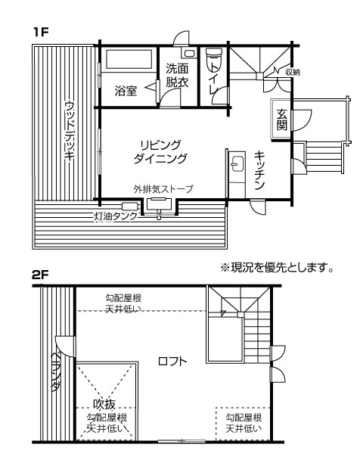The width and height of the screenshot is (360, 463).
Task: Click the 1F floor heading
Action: click(41, 33)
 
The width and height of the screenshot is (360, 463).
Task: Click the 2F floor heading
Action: click(40, 275)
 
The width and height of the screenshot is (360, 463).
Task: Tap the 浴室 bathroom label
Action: click(126, 91)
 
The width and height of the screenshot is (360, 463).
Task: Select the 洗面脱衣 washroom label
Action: click(177, 76)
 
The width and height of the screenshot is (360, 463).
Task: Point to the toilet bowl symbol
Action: click(213, 58)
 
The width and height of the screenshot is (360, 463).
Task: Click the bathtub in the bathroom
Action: click(129, 59)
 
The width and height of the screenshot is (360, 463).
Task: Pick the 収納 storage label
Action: click(293, 72)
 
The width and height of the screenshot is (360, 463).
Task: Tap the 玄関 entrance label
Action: click(282, 120)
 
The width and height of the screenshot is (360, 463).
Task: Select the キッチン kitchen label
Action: click(259, 171)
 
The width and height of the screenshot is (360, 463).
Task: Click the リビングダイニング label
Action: click(160, 152)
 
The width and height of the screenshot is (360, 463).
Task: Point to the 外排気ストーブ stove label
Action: click(163, 188)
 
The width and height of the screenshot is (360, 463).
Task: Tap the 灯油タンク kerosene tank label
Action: click(116, 216)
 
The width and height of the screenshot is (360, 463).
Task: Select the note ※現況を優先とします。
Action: click(277, 267)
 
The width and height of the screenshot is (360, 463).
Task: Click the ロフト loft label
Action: click(172, 361)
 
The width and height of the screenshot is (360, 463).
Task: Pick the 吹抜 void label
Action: click(104, 404)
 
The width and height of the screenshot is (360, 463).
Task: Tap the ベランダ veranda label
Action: click(56, 371)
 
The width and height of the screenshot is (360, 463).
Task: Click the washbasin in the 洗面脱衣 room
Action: click(189, 54)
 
